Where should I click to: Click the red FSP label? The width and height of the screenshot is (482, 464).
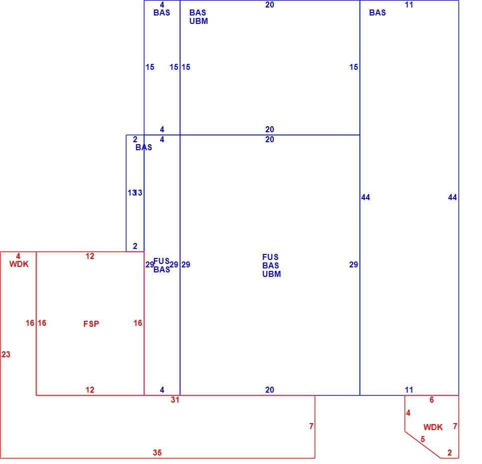pos(91,324)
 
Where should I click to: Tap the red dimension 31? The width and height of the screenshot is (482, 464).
pos(175,400)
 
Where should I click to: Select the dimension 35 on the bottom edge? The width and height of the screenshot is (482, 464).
pos(157,453)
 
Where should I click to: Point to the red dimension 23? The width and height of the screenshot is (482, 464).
pos(6,354)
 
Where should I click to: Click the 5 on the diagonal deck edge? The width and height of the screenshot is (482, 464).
pos(423,439)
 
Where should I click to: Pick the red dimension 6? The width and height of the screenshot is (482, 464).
pos(432,400)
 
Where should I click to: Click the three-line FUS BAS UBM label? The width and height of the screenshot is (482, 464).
pos(271,265)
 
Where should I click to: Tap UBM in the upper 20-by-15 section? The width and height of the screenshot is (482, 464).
pos(199,21)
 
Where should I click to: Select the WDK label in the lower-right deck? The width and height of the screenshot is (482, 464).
pos(433,427)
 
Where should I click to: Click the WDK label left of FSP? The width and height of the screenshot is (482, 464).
pos(19,264)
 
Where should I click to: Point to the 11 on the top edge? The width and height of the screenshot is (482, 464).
pos(409,4)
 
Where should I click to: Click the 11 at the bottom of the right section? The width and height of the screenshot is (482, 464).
pos(409,390)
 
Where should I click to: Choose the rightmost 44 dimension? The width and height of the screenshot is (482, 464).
pos(453,198)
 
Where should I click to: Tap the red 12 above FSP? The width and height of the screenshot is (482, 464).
pos(90,256)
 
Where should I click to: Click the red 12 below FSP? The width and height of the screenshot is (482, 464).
pos(90,390)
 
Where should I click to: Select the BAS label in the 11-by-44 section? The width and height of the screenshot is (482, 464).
pos(378,12)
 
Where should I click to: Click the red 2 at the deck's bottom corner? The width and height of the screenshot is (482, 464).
pos(450,453)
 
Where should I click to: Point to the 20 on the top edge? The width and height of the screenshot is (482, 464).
pos(270,4)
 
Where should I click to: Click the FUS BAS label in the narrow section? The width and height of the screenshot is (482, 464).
pos(162,265)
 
